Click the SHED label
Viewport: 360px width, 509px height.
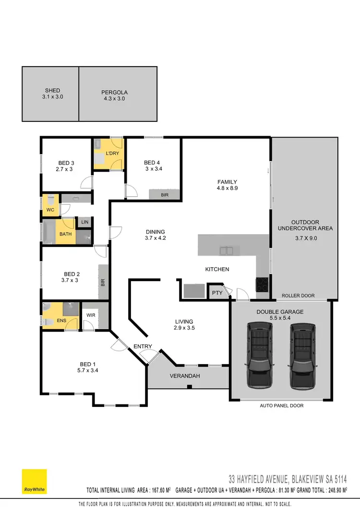52,90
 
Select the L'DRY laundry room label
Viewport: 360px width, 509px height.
112,153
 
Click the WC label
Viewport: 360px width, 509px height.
50,210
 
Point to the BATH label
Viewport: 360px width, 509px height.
65,234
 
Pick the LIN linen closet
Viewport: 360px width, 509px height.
85,222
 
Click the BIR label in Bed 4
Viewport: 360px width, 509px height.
164,195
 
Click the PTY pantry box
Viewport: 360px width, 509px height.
217,293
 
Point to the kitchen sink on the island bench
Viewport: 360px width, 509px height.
227,250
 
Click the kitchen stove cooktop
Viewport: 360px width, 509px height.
263,284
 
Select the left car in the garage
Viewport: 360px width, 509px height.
260,355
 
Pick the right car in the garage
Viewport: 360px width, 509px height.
302,355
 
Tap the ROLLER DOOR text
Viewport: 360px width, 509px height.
298,296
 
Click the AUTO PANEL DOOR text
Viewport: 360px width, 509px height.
282,405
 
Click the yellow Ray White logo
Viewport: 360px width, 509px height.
35,481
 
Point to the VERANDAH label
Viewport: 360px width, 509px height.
184,376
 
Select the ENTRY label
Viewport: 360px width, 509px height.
143,346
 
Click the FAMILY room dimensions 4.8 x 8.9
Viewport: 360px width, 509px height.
227,189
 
